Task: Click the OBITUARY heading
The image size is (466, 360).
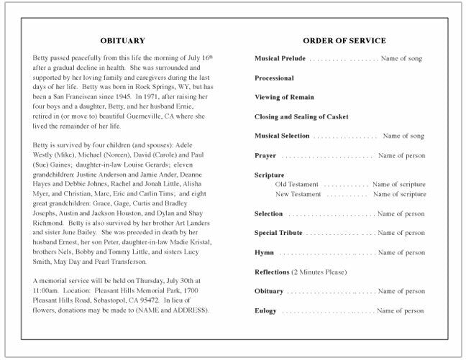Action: [x=122, y=41]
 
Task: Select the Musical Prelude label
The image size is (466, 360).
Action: [x=280, y=58]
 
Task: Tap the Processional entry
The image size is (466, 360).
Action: [x=274, y=78]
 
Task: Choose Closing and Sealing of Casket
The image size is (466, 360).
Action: [x=302, y=116]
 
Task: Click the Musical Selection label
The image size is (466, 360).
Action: [x=282, y=136]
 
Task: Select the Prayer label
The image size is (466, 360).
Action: [x=265, y=155]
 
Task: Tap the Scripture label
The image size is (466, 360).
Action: [x=270, y=175]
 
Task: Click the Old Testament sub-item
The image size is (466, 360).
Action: [x=297, y=185]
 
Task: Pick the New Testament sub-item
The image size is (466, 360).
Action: [x=298, y=194]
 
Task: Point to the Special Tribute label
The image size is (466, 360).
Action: [x=278, y=233]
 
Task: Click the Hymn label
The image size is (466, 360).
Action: [x=264, y=253]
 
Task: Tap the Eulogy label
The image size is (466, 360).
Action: [x=265, y=311]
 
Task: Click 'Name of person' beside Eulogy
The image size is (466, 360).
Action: [x=401, y=311]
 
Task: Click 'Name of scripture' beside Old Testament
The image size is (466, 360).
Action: [x=399, y=185]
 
